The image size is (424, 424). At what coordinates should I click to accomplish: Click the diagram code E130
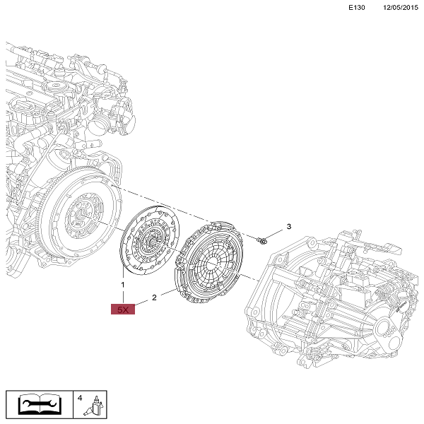click(356, 8)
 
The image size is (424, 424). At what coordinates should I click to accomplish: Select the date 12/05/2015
click(401, 8)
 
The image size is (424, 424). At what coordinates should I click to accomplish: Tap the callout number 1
click(123, 285)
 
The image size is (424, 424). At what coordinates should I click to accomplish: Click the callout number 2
click(154, 298)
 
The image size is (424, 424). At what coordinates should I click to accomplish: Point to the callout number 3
click(289, 226)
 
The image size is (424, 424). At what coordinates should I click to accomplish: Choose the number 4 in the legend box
click(80, 398)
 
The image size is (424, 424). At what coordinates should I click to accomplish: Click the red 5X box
click(123, 310)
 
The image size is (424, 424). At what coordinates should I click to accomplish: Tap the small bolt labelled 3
click(261, 240)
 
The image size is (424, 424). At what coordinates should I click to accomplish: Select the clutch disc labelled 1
click(149, 240)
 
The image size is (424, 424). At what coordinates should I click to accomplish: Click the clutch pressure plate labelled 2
click(209, 261)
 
